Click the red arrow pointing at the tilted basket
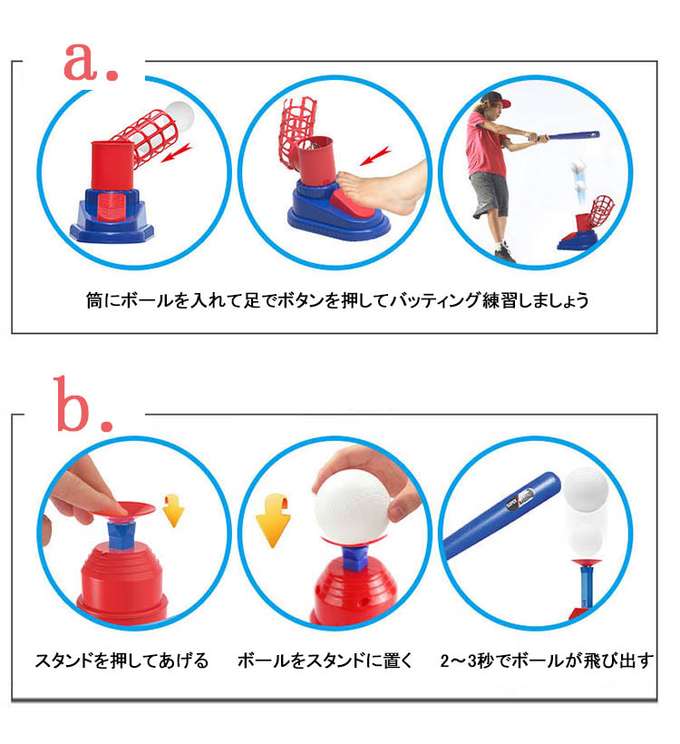[x=177, y=152]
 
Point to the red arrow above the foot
[x=374, y=156]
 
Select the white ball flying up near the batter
[x=578, y=169]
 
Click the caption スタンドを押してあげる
[x=121, y=660]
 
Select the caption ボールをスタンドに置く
[x=325, y=660]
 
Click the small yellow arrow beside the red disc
[x=173, y=511]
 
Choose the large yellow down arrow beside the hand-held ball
[x=274, y=520]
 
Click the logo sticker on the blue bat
[x=520, y=497]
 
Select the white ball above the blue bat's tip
[x=586, y=490]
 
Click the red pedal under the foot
[x=350, y=204]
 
